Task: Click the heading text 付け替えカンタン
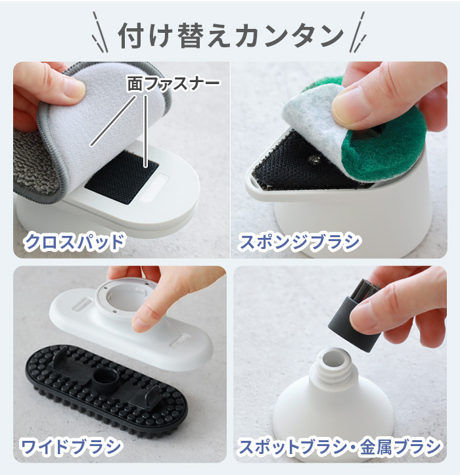[x=230, y=35]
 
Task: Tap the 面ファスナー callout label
[x=173, y=84]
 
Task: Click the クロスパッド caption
[x=74, y=241]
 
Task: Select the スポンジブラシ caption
[x=299, y=241]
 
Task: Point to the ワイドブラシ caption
[x=71, y=447]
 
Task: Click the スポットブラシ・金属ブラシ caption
[x=339, y=447]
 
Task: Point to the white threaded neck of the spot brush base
[x=336, y=368]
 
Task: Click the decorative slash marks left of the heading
[x=99, y=33]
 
